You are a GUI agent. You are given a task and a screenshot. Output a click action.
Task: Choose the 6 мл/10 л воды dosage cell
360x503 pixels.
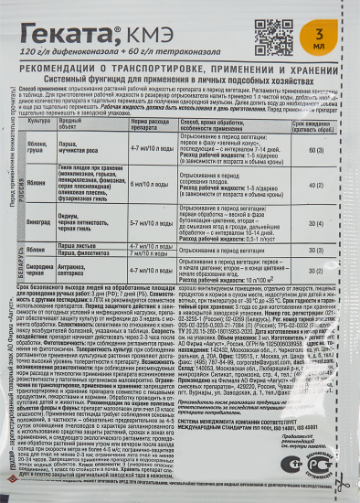coord(154,183)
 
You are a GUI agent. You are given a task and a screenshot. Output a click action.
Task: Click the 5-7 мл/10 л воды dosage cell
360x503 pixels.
coord(154,222)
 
